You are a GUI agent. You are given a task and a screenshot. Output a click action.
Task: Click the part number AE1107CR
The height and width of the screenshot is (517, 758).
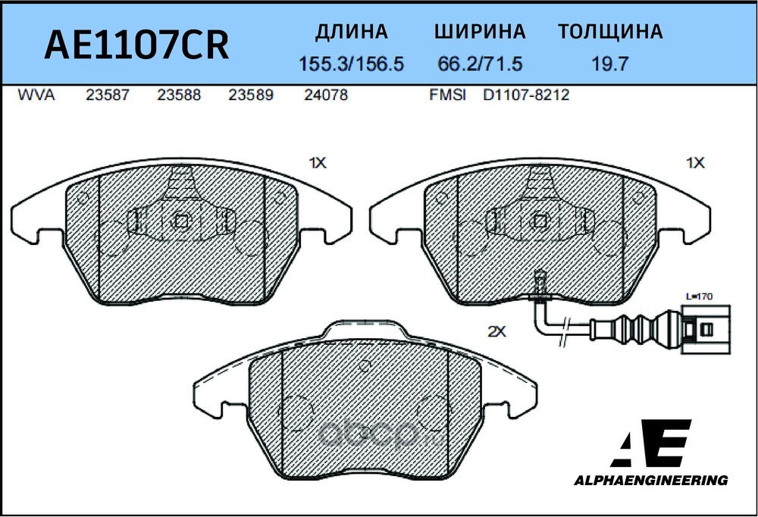tap(136, 44)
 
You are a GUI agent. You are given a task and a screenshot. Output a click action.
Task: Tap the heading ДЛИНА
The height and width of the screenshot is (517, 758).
tap(352, 32)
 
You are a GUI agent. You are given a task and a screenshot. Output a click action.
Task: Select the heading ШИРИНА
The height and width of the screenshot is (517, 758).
tap(480, 31)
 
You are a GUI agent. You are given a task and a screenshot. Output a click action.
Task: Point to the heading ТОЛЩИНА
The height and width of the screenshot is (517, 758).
tap(610, 31)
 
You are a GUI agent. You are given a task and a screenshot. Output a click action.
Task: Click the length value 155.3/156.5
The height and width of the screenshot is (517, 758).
tap(352, 64)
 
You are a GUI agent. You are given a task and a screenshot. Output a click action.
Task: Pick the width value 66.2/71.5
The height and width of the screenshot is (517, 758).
tap(480, 64)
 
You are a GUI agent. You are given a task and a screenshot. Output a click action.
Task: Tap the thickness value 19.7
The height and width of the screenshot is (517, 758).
tap(610, 64)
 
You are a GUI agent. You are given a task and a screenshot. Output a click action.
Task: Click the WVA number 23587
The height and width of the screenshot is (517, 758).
tap(108, 95)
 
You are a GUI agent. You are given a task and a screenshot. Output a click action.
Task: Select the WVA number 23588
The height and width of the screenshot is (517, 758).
tap(179, 95)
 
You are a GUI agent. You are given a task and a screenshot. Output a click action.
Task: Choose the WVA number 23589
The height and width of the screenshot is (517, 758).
tap(251, 95)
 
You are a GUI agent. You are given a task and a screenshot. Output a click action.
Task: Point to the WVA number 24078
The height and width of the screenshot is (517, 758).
tap(326, 95)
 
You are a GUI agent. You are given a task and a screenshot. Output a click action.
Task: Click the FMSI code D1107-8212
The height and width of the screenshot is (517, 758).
tap(526, 95)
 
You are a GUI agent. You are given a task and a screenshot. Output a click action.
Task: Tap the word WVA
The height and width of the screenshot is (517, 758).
tap(36, 95)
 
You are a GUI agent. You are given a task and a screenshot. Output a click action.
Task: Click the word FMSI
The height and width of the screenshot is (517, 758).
tap(448, 95)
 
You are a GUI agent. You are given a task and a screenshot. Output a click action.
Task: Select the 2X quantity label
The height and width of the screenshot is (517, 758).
tap(496, 332)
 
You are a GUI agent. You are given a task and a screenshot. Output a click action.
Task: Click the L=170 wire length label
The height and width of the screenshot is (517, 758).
tap(699, 296)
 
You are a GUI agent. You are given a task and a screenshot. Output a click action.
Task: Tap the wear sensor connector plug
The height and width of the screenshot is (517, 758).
tap(706, 330)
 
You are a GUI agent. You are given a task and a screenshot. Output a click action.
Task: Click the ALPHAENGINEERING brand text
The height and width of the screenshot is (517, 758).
tap(650, 481)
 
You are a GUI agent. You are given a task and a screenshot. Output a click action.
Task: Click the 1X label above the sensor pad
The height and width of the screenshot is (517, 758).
tap(696, 164)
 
